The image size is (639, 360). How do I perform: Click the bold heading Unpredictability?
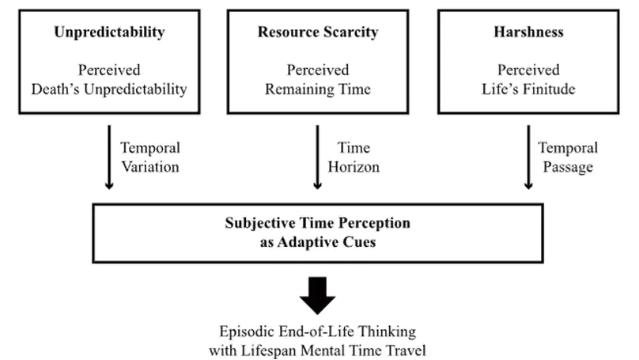pyautogui.click(x=109, y=32)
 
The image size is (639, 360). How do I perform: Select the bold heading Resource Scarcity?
pyautogui.click(x=317, y=32)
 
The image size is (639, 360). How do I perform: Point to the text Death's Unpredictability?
pyautogui.click(x=109, y=89)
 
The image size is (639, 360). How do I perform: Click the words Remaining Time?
pyautogui.click(x=317, y=89)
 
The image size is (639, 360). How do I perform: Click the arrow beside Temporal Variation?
pyautogui.click(x=109, y=157)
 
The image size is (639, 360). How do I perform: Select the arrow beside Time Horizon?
pyautogui.click(x=317, y=157)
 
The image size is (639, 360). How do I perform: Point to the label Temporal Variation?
pyautogui.click(x=150, y=157)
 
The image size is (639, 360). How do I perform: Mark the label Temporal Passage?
pyautogui.click(x=568, y=157)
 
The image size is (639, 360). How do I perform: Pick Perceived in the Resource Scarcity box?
pyautogui.click(x=317, y=70)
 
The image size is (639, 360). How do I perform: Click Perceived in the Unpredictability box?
pyautogui.click(x=109, y=70)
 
